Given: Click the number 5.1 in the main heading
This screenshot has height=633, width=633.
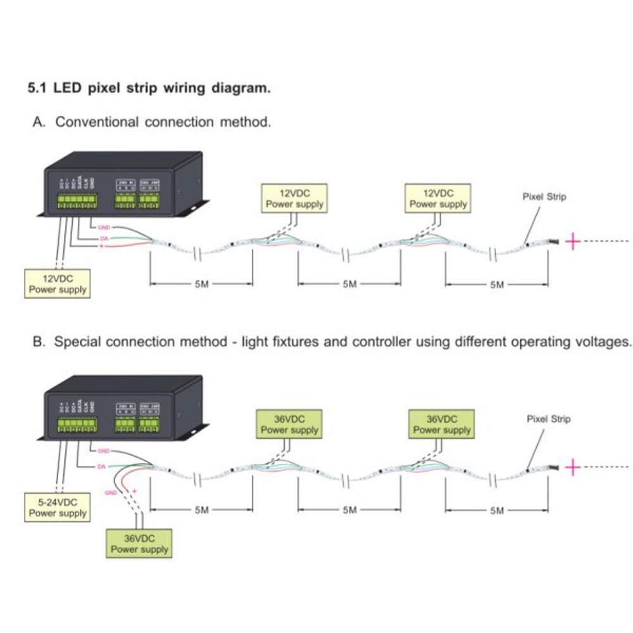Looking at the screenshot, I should [36, 87].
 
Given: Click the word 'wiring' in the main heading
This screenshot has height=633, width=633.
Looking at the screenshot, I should [192, 87].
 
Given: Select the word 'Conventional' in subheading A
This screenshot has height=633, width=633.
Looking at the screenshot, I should [97, 122].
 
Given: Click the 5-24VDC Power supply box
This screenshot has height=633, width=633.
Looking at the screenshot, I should [57, 507].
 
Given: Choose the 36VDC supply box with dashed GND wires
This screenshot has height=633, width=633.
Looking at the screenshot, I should [139, 543].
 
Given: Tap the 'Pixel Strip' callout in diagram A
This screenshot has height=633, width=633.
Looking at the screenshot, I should [544, 196].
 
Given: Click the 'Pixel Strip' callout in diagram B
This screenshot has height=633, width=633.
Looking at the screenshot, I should [548, 418].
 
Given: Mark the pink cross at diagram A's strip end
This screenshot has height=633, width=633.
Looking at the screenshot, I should [572, 241].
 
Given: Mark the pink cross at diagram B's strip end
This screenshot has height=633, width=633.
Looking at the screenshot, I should [572, 468].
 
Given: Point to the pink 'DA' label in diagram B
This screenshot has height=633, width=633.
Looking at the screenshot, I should [101, 467].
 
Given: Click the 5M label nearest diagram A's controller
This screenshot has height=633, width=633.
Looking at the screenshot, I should [201, 284].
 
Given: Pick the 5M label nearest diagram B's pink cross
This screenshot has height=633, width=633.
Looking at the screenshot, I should [497, 510].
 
